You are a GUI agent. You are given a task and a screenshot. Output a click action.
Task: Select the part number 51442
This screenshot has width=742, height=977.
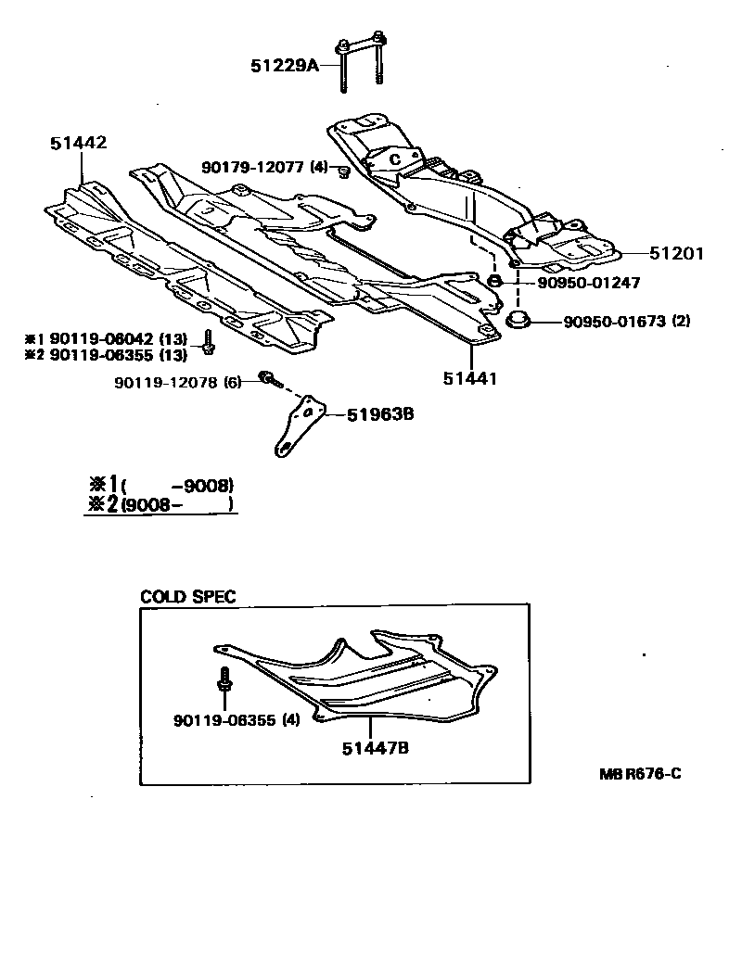pos(79,143)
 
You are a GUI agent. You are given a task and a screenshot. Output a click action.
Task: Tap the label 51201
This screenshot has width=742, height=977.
pos(677,253)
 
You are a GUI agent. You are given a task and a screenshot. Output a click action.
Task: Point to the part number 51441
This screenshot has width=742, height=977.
pos(471,378)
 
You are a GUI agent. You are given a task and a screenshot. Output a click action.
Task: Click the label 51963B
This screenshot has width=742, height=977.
pos(380,414)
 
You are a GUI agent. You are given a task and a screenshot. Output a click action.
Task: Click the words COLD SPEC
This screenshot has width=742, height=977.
pos(187,596)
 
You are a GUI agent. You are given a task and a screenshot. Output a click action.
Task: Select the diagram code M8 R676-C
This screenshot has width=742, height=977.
pos(640,774)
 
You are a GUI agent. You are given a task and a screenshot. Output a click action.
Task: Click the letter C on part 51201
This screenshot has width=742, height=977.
pos(393,159)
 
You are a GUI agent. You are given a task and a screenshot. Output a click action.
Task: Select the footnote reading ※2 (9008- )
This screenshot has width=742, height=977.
pos(158,504)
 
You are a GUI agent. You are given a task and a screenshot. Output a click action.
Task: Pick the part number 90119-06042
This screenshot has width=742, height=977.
pos(102,338)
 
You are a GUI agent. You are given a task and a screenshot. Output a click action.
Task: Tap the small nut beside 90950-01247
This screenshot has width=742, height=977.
pos(495,281)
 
